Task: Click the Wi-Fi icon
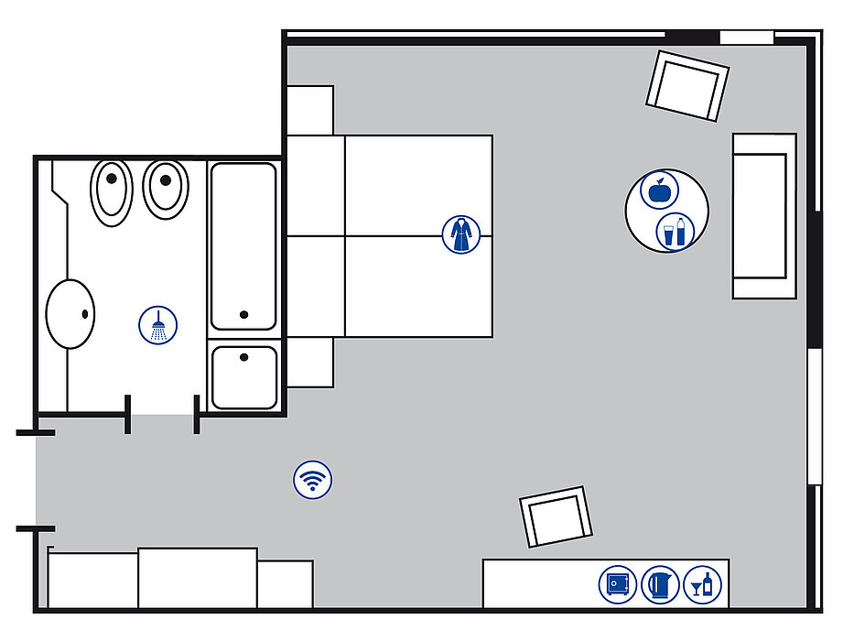coord(313,480)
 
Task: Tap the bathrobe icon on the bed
coord(459,234)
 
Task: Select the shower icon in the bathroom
coord(159,325)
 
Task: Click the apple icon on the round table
coord(657,191)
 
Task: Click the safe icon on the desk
coord(618,583)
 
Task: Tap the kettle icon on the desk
coord(661,583)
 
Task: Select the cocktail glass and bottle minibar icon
coord(703,583)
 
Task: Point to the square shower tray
coord(243,376)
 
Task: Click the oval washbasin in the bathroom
coord(71,314)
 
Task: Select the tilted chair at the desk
coord(556,517)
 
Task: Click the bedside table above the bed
coord(310,110)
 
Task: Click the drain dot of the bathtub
coord(244,314)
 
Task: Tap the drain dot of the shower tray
coord(243,357)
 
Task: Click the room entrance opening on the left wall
coord(37,480)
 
